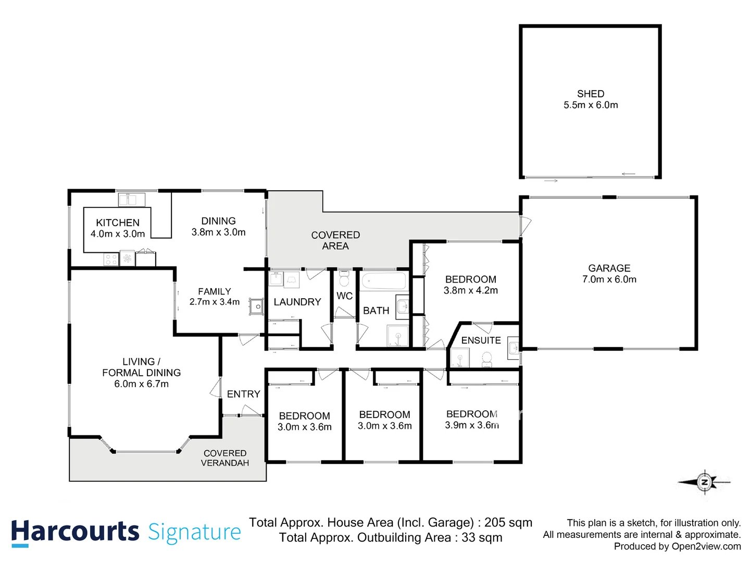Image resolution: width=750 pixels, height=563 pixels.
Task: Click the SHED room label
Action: click(591, 94)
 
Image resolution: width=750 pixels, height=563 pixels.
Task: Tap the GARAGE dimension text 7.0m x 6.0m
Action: click(609, 279)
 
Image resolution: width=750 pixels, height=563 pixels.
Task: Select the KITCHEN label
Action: click(118, 223)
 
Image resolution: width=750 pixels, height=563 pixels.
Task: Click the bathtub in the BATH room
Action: click(383, 281)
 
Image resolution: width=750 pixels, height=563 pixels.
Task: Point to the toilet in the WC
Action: click(344, 279)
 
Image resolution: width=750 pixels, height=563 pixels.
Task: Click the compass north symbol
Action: click(704, 482)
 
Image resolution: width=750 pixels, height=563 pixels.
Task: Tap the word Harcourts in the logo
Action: click(75, 532)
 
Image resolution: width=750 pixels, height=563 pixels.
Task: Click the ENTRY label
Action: click(243, 394)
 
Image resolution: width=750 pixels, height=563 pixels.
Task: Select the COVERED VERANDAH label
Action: click(225, 458)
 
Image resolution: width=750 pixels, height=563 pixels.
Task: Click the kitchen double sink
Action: click(131, 200)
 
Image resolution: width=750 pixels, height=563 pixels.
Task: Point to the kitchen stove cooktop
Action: click(111, 259)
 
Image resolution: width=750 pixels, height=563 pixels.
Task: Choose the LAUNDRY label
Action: click(297, 302)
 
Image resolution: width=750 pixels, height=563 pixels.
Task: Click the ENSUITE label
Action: click(481, 340)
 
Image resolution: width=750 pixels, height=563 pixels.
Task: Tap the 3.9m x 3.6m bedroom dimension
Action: click(472, 425)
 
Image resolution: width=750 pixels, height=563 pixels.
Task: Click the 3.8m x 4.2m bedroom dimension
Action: click(470, 290)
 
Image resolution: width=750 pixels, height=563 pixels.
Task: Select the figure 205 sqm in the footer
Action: click(508, 522)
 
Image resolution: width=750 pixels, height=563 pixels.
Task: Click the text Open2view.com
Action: click(706, 546)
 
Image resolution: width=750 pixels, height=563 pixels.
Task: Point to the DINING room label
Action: click(218, 221)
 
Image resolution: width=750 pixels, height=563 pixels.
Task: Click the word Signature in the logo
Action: click(194, 532)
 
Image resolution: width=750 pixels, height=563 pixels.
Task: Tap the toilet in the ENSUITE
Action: click(487, 359)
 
